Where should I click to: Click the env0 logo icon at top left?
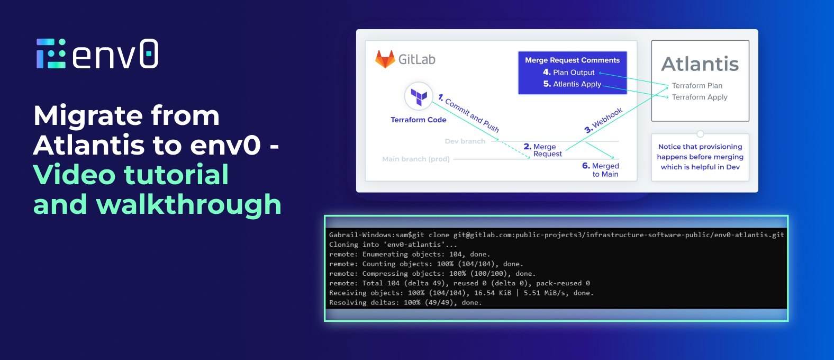[x=51, y=53]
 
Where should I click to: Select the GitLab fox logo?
[x=385, y=59]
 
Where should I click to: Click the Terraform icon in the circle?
[x=419, y=96]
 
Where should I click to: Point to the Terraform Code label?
[x=418, y=120]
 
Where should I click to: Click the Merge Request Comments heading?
[x=572, y=60]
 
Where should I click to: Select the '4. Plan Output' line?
[x=568, y=73]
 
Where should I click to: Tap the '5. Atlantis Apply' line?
[x=572, y=84]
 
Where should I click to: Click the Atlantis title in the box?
[x=700, y=64]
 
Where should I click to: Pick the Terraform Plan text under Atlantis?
[x=697, y=86]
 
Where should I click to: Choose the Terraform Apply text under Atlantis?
[x=700, y=97]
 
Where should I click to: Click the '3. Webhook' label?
[x=603, y=121]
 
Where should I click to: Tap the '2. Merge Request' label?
[x=543, y=150]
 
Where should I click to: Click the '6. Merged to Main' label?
[x=601, y=170]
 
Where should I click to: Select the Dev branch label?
[x=465, y=141]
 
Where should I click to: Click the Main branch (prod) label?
[x=415, y=159]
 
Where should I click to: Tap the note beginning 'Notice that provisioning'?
[x=700, y=157]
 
